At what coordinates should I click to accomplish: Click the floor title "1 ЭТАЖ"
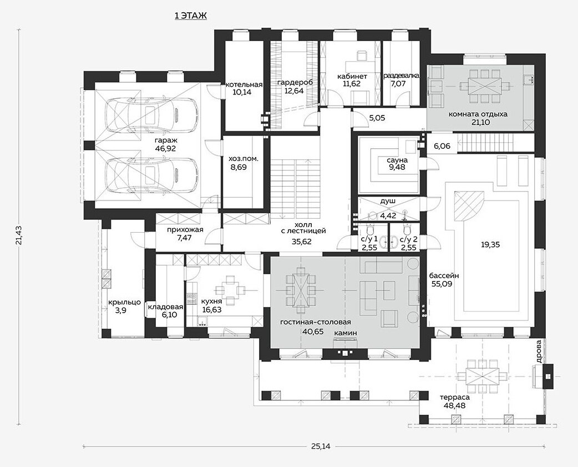pyautogui.click(x=190, y=16)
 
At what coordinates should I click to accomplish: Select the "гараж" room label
pyautogui.click(x=166, y=140)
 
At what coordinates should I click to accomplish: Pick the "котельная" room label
pyautogui.click(x=244, y=84)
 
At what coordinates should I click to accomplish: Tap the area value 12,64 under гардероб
pyautogui.click(x=294, y=91)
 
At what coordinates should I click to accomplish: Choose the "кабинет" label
pyautogui.click(x=352, y=77)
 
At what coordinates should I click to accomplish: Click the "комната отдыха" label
pyautogui.click(x=478, y=114)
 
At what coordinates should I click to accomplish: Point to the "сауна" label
pyautogui.click(x=397, y=160)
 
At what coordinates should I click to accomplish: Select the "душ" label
pyautogui.click(x=387, y=202)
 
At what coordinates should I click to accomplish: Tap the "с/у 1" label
pyautogui.click(x=368, y=239)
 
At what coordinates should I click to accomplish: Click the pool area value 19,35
pyautogui.click(x=490, y=244)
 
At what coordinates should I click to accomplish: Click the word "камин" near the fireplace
pyautogui.click(x=346, y=333)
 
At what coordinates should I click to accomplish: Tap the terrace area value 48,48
pyautogui.click(x=455, y=406)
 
